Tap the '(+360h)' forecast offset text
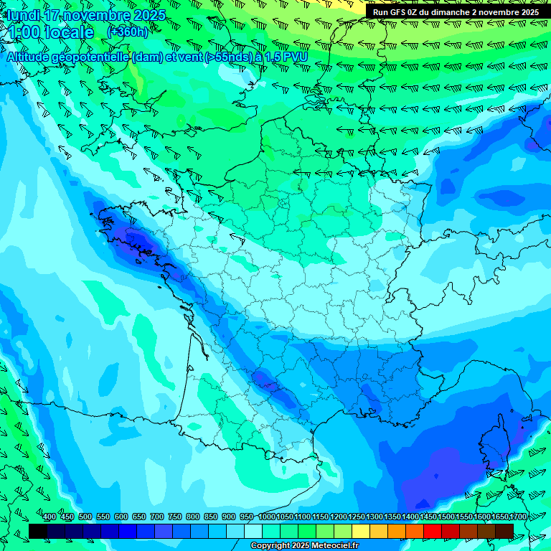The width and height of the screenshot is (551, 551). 128,32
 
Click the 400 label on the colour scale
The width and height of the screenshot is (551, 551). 50,517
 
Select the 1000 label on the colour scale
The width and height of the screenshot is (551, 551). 267,517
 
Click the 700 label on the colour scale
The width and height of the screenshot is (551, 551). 157,517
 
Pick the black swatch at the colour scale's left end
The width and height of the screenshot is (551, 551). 38,531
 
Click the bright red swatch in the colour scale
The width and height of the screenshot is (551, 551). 433,531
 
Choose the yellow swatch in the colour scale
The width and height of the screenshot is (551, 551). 361,531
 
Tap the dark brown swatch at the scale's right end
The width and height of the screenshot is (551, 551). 504,531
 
